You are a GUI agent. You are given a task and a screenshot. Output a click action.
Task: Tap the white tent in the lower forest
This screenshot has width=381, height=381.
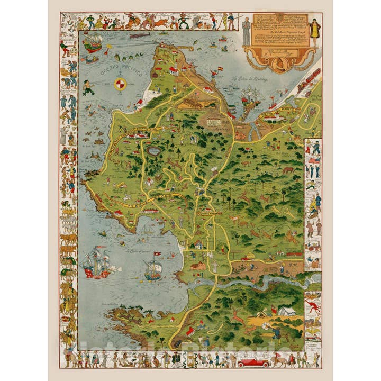click(x=286, y=311)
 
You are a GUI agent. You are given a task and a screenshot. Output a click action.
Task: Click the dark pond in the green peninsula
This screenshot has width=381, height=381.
click(x=154, y=151)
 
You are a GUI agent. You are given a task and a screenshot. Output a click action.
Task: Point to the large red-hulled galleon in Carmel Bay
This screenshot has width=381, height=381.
click(x=96, y=263)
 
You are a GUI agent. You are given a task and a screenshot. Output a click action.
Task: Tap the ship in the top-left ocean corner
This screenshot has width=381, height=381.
click(x=93, y=42)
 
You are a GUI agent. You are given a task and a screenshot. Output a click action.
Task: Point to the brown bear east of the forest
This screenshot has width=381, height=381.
click(x=288, y=170)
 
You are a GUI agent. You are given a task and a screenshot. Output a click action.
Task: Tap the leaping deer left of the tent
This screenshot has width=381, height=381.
click(x=238, y=317)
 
